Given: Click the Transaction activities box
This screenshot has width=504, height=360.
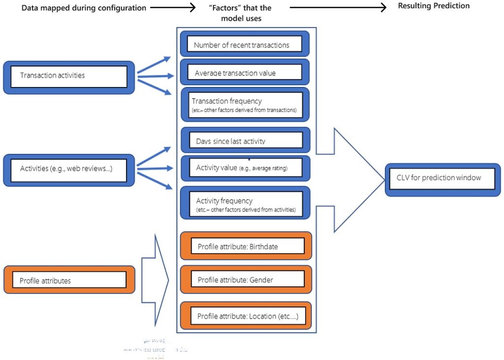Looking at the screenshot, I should pos(69,77).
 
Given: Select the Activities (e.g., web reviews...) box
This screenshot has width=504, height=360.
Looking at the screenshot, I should pos(69,170).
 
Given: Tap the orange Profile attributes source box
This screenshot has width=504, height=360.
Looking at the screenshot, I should pos(69,280).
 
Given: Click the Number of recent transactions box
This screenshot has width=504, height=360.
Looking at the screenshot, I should pos(245,45).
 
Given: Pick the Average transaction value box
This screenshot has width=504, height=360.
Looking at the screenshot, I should pos(245,72).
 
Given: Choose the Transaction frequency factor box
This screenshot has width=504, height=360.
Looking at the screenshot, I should pos(245,104).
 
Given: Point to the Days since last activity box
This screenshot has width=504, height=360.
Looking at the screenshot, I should pos(245,141).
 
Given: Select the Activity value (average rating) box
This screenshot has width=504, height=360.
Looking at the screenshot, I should pos(245,168).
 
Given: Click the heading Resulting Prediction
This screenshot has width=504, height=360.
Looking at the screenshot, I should pos(434,6).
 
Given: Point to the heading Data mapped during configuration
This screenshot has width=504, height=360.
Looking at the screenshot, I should pos(84,8).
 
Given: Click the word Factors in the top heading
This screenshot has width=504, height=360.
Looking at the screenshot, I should pos(221,8).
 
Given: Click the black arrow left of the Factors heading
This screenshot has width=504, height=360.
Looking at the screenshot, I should pos(172,8).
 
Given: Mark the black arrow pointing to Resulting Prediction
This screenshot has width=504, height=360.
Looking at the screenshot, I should pos(340,8).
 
